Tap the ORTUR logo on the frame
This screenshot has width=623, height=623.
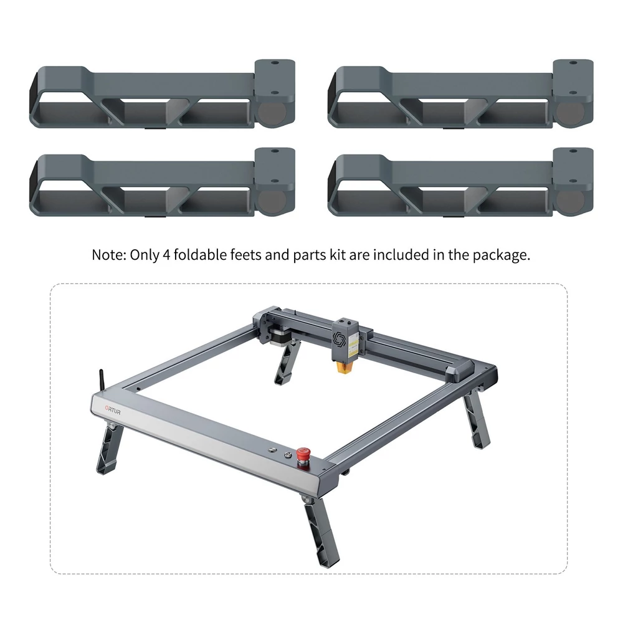tap(113, 410)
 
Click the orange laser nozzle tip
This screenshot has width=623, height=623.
tap(343, 367)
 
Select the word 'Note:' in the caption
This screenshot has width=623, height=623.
tap(109, 255)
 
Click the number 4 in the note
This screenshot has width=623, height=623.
tap(166, 255)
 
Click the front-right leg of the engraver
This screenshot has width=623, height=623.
tap(321, 530)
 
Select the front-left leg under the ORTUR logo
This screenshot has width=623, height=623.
tap(109, 448)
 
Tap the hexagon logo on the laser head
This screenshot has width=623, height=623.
tap(338, 339)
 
